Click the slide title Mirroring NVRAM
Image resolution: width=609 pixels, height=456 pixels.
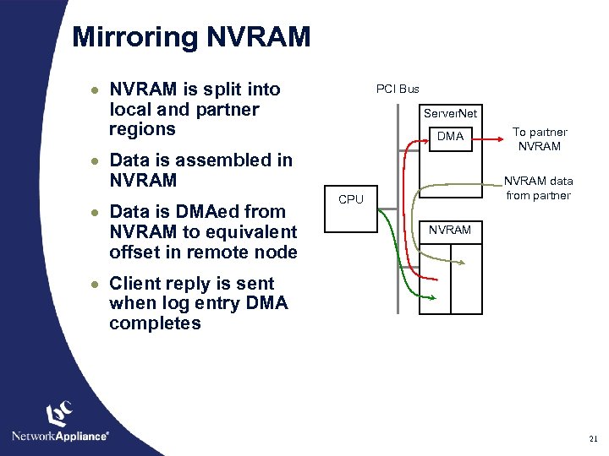tap(192, 37)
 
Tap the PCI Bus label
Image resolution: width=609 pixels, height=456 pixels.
tap(398, 89)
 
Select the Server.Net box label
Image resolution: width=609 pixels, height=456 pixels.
tap(450, 113)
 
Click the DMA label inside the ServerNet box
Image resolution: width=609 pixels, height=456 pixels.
tap(450, 136)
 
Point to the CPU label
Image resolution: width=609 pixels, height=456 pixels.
tap(350, 200)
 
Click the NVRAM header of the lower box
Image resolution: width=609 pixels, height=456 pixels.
tap(450, 230)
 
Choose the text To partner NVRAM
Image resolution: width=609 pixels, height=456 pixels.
tap(540, 138)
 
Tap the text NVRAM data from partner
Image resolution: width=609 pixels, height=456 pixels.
tap(539, 187)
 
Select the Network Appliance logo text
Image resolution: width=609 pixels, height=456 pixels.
tap(60, 436)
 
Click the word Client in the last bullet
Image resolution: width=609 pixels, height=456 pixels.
tap(135, 283)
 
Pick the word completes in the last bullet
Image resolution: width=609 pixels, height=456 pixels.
tap(155, 323)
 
